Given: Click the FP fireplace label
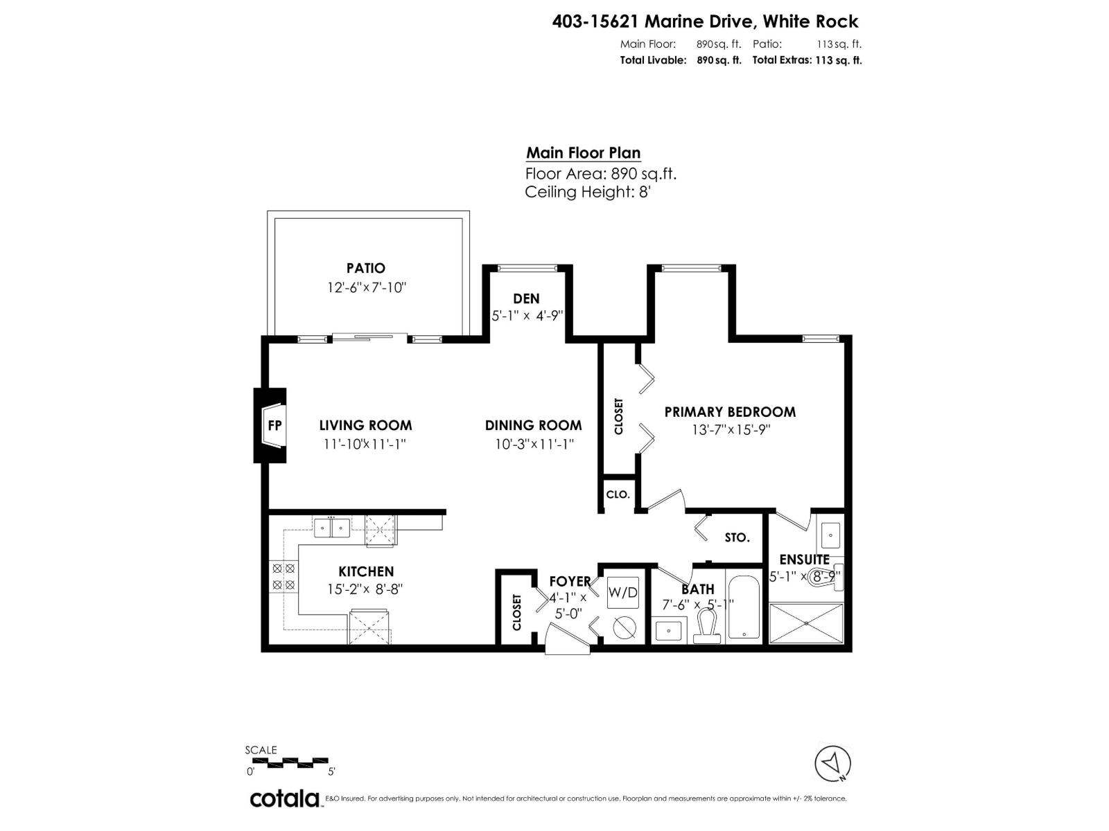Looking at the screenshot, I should pyautogui.click(x=274, y=425).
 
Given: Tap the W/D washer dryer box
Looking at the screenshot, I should pyautogui.click(x=622, y=593).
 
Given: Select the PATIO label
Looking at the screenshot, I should pyautogui.click(x=366, y=268).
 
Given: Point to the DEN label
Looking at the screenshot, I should pyautogui.click(x=526, y=298).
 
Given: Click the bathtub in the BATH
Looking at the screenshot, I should pyautogui.click(x=744, y=607).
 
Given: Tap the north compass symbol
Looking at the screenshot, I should pyautogui.click(x=832, y=765).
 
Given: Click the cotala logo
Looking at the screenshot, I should pyautogui.click(x=284, y=798).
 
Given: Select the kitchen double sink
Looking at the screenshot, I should pyautogui.click(x=331, y=528).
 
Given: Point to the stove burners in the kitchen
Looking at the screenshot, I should pyautogui.click(x=283, y=576).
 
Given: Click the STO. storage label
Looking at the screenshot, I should pyautogui.click(x=737, y=537).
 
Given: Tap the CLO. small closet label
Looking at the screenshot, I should pyautogui.click(x=618, y=494).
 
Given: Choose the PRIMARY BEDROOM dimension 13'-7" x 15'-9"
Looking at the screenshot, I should pyautogui.click(x=731, y=429).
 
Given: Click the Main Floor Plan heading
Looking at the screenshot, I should pyautogui.click(x=583, y=153).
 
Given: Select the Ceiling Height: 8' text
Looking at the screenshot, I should pyautogui.click(x=587, y=192).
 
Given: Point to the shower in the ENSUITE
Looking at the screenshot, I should pyautogui.click(x=807, y=623).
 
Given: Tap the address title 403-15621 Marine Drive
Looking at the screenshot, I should pyautogui.click(x=705, y=21).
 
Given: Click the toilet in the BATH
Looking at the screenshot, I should pyautogui.click(x=706, y=625).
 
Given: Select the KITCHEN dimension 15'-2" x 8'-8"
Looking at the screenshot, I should pyautogui.click(x=365, y=589).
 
